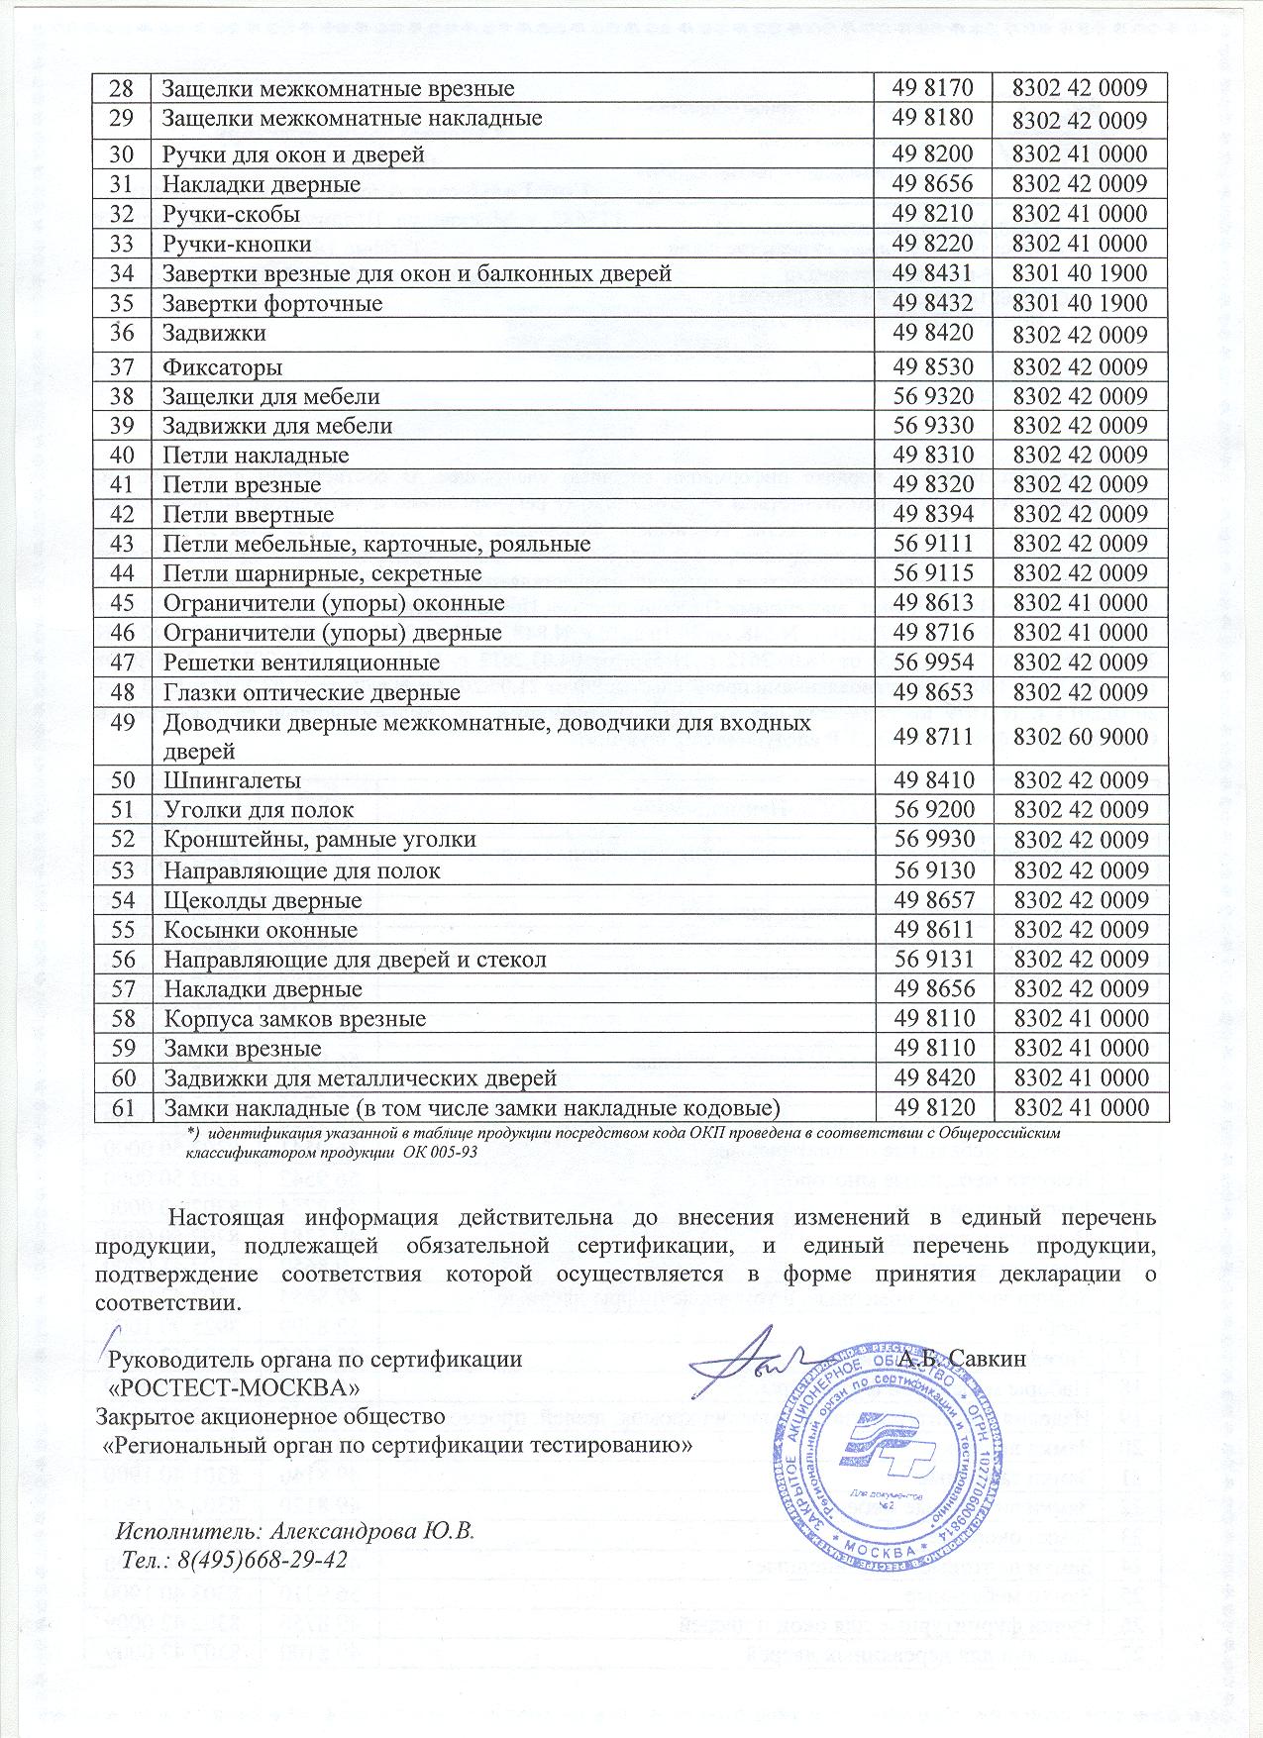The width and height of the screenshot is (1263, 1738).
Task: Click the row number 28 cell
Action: [123, 88]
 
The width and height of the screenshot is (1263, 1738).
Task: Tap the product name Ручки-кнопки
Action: [237, 244]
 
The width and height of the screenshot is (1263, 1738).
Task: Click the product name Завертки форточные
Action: [272, 303]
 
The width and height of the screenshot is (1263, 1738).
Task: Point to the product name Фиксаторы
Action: [223, 367]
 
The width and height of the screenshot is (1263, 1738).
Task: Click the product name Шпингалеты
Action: [232, 780]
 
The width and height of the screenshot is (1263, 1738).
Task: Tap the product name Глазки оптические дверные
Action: [311, 692]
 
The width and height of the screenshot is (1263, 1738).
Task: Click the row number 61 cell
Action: [123, 1107]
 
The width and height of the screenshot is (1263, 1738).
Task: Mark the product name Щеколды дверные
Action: [263, 901]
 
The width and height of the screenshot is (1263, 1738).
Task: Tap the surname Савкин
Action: [987, 1359]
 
